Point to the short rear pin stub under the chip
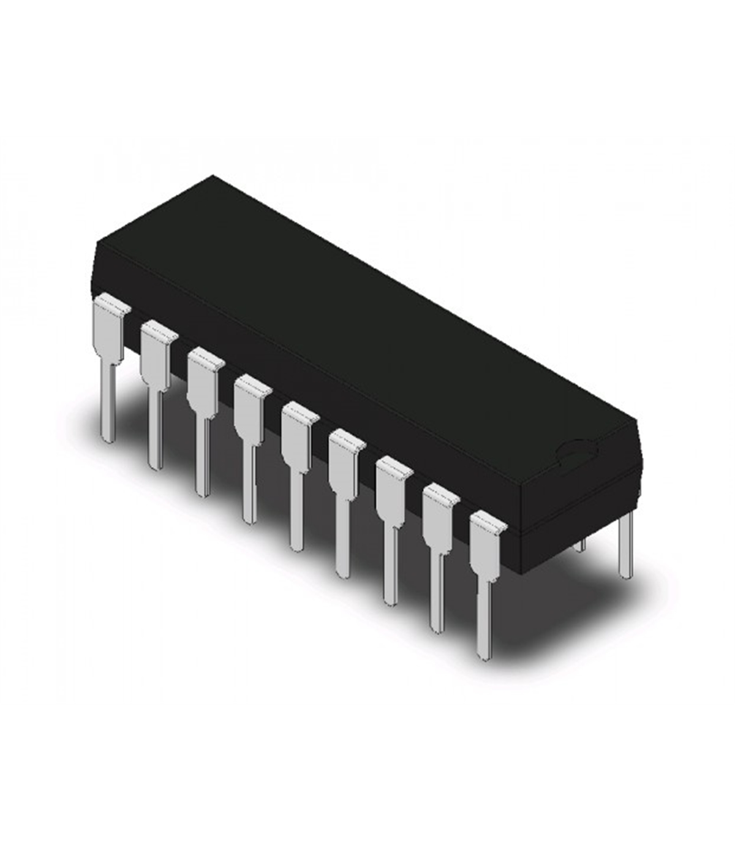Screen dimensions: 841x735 tap(582, 542)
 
